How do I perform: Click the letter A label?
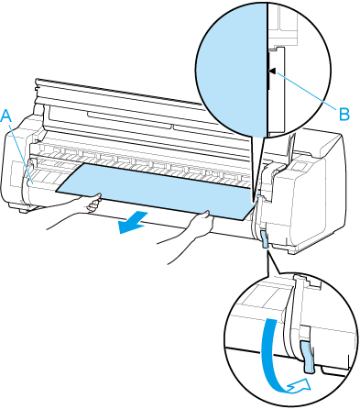pos(7,116)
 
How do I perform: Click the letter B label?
pos(344,115)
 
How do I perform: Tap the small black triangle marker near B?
pos(273,71)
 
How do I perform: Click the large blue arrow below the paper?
pos(134,222)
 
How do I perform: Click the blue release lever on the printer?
pos(265,238)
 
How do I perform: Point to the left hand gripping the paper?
pos(93,204)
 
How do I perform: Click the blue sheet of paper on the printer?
pos(157,191)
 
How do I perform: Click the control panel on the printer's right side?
pos(300,167)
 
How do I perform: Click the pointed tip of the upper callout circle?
pos(254,202)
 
